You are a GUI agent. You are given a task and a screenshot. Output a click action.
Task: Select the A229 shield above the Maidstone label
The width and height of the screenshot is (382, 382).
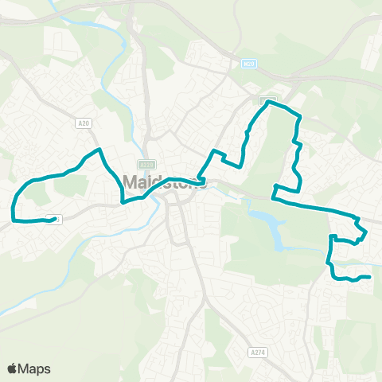tap(154, 162)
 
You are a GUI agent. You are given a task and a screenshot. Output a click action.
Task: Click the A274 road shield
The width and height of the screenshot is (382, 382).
tap(256, 351)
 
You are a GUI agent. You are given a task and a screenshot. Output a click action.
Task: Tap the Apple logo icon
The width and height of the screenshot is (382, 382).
tap(13, 368)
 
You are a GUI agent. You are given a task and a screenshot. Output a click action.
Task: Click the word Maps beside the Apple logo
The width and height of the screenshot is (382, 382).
tap(36, 368)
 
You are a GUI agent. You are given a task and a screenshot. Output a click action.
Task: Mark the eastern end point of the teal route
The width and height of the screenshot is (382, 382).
tap(370, 277)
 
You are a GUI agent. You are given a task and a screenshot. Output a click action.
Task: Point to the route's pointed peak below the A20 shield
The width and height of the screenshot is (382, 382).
tap(99, 150)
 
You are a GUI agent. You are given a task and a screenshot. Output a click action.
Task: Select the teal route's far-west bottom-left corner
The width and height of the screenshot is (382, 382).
tap(14, 217)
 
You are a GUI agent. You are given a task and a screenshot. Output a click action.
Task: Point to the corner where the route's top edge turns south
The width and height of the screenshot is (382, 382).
tap(298, 118)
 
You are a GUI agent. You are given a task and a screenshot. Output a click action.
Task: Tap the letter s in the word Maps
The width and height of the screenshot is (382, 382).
tap(47, 369)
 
